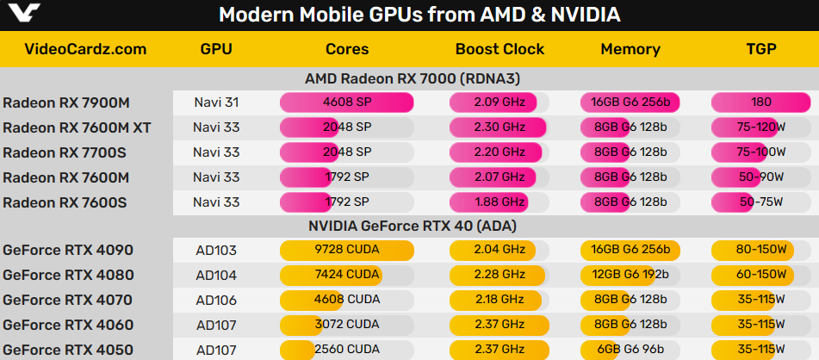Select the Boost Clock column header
[x=499, y=49]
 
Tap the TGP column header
[x=761, y=49]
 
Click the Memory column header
[x=630, y=49]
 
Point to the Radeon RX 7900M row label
[x=66, y=102]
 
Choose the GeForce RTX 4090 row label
[x=68, y=250]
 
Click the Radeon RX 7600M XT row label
[x=77, y=127]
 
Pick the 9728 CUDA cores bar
[x=347, y=250]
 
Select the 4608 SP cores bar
[x=347, y=102]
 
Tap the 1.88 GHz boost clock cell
[x=499, y=202]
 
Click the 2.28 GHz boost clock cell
[x=499, y=275]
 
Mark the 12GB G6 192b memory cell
[x=630, y=275]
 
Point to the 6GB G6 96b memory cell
[x=630, y=349]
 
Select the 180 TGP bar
[x=761, y=102]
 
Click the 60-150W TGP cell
[x=761, y=275]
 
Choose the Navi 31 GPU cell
[x=216, y=102]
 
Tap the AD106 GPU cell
[x=216, y=300]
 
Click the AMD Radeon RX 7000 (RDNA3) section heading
[x=413, y=79]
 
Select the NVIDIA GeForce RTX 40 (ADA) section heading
[x=413, y=227]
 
